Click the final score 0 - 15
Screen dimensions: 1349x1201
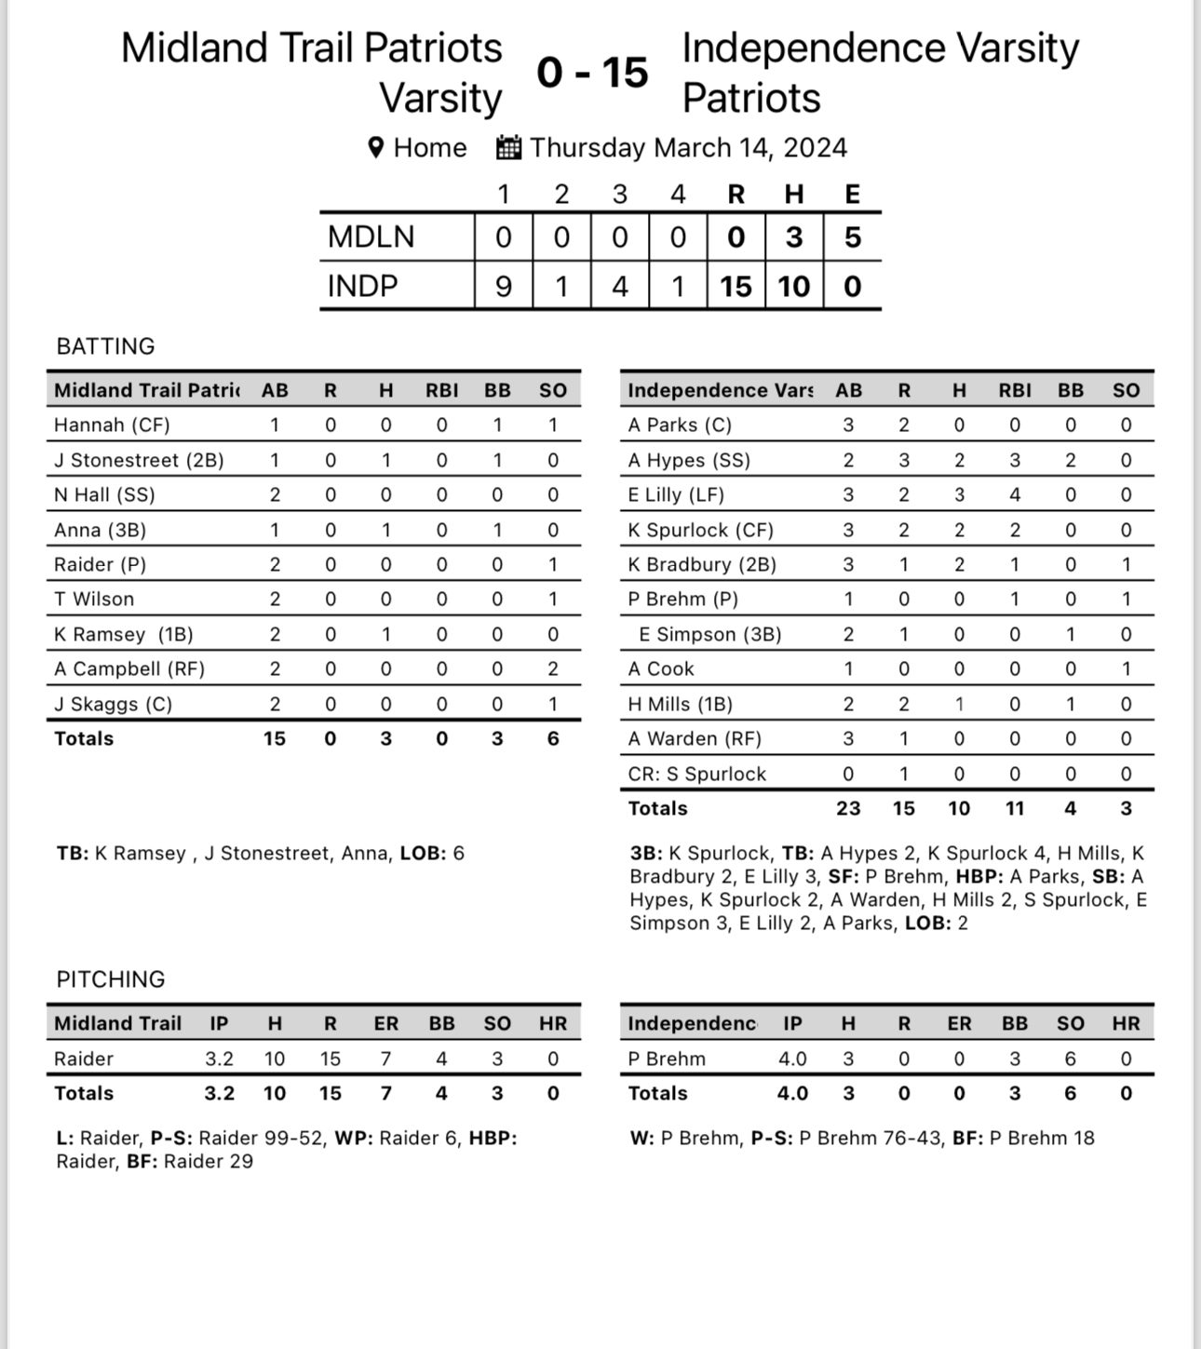point(592,73)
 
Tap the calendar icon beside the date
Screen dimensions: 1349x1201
point(508,147)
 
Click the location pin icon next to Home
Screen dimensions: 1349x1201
point(376,147)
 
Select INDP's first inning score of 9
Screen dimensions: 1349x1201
point(503,286)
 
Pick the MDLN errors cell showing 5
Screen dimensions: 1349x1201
point(852,237)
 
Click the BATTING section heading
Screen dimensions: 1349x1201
point(105,346)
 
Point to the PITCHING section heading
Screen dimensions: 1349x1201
point(110,979)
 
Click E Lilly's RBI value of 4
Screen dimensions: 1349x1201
point(1015,494)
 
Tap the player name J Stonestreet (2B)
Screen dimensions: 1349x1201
point(139,460)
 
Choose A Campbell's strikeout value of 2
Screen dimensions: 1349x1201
point(553,668)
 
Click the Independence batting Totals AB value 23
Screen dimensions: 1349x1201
point(848,808)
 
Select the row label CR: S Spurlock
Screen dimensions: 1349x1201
point(696,774)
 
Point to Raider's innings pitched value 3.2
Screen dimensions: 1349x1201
point(220,1059)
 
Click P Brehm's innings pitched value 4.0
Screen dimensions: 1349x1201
point(792,1059)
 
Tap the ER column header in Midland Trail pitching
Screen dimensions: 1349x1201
point(385,1023)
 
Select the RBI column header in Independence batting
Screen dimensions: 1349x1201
point(1015,390)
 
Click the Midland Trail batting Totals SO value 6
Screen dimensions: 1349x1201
point(553,738)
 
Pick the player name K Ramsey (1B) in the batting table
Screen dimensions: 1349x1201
point(123,634)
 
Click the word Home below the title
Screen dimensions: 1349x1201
point(430,147)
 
